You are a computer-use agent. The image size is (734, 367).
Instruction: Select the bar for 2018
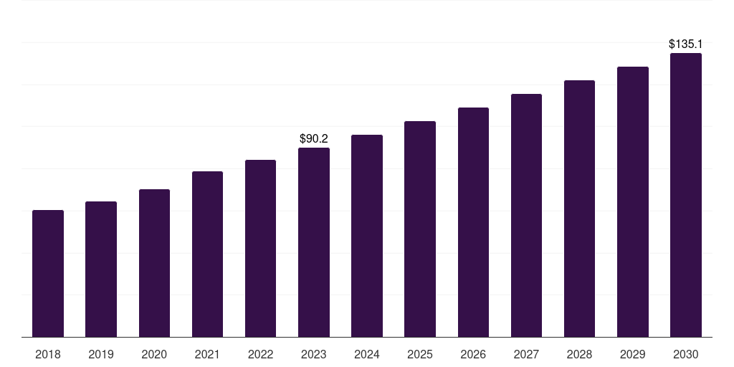tap(48, 273)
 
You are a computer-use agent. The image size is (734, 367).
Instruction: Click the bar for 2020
tap(155, 263)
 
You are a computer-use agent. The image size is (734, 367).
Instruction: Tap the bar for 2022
tap(260, 248)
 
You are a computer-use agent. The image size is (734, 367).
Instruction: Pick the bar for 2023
tap(314, 242)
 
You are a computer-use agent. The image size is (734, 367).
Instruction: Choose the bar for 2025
tap(420, 229)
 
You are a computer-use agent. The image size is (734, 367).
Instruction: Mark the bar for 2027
tap(526, 215)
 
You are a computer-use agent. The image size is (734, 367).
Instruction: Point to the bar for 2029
tap(633, 201)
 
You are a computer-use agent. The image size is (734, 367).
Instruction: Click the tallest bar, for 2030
tap(686, 195)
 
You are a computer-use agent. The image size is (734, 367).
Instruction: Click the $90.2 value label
tap(314, 138)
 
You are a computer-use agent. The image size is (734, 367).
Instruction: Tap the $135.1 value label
tap(686, 44)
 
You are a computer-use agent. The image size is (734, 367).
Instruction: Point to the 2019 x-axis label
tap(101, 354)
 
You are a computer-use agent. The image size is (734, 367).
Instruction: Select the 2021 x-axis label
tap(207, 354)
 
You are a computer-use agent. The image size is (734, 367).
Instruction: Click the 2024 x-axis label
tap(367, 354)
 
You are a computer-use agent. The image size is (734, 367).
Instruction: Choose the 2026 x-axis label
tap(473, 354)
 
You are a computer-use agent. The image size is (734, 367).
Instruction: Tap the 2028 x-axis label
tap(579, 354)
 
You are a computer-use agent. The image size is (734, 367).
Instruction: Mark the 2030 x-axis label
tap(686, 354)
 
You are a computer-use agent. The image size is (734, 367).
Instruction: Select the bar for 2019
tap(101, 270)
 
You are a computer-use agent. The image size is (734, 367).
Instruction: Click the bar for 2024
tap(367, 235)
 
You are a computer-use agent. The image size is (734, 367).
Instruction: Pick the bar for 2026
tap(473, 222)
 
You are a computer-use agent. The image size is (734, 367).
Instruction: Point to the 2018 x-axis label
tap(48, 354)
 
